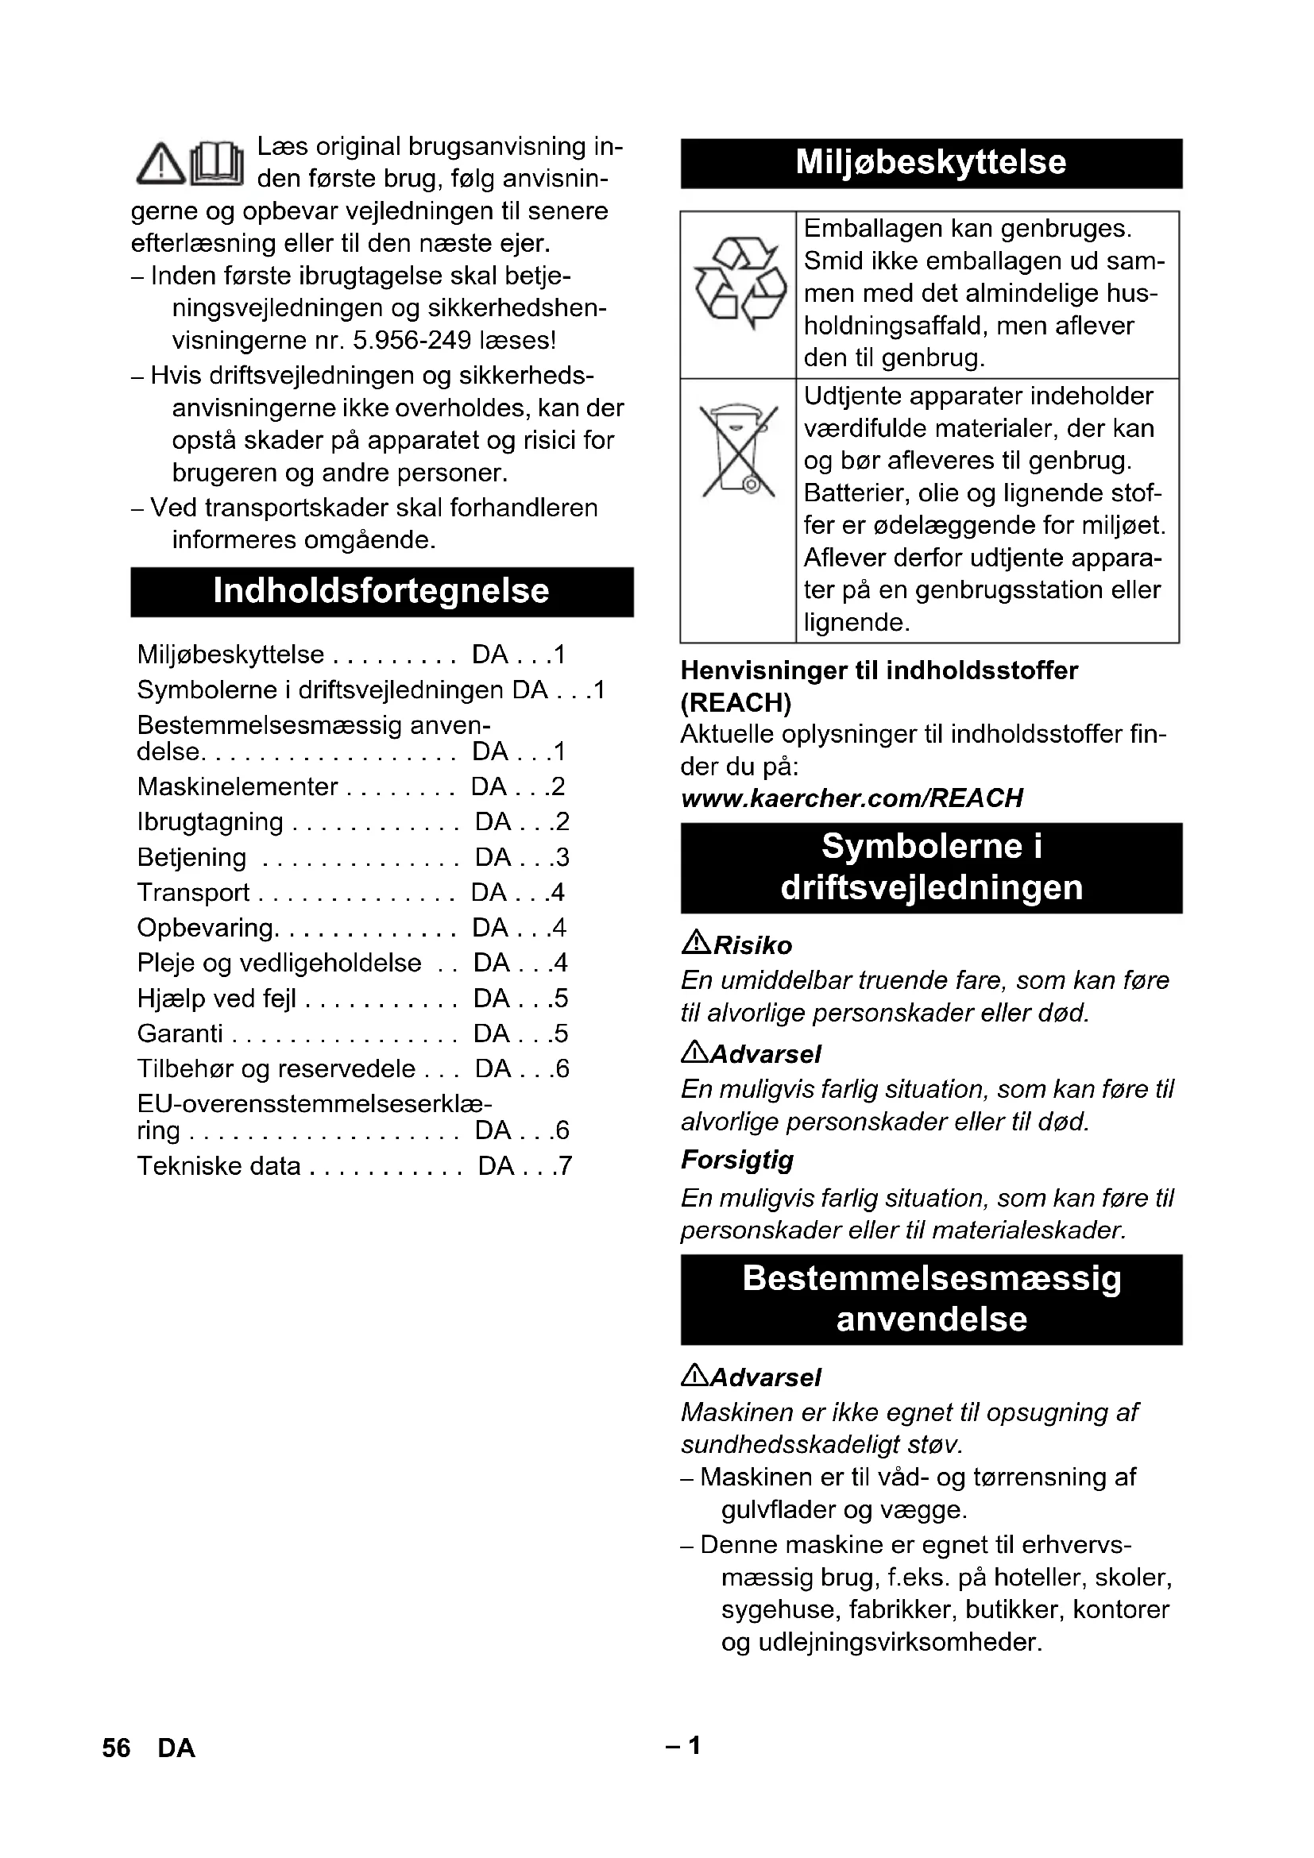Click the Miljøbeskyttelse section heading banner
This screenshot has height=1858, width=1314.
[930, 163]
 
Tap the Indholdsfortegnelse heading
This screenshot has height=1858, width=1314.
[381, 592]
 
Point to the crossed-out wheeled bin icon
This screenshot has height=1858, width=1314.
[738, 450]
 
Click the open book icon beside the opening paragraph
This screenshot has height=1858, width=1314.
[216, 162]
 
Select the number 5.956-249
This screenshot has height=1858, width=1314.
[412, 341]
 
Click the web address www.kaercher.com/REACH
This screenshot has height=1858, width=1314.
[851, 798]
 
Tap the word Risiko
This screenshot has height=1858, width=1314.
[752, 945]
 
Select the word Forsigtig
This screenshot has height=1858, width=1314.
[736, 1160]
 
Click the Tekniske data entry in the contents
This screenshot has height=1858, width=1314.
[218, 1166]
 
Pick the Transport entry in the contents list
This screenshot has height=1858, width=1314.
[193, 893]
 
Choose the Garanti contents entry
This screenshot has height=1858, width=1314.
[180, 1033]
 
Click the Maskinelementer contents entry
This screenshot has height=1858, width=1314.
[237, 786]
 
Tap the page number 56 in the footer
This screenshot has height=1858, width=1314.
[116, 1748]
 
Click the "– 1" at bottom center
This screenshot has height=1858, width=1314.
[684, 1746]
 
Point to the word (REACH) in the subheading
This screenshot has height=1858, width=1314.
[736, 702]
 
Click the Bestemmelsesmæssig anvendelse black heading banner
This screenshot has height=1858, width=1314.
[930, 1299]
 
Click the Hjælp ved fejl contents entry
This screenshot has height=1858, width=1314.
[216, 999]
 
